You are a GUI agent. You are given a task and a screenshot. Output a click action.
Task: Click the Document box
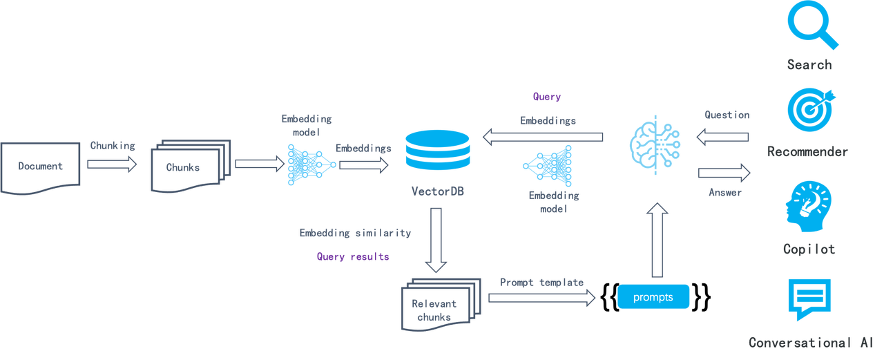pyautogui.click(x=41, y=166)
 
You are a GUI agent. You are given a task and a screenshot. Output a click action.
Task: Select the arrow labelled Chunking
pyautogui.click(x=113, y=164)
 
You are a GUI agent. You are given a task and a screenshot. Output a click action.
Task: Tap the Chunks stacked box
pyautogui.click(x=189, y=167)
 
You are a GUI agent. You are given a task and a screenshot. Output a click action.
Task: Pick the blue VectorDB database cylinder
pyautogui.click(x=437, y=149)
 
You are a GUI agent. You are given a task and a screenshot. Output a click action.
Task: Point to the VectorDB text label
pyautogui.click(x=437, y=191)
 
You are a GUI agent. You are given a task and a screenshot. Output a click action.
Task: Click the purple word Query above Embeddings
pyautogui.click(x=546, y=97)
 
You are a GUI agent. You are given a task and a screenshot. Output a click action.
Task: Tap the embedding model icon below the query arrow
pyautogui.click(x=548, y=166)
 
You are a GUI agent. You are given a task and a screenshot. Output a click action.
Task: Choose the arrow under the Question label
pyautogui.click(x=722, y=138)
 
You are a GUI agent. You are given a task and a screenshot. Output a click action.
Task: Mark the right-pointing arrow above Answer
pyautogui.click(x=724, y=172)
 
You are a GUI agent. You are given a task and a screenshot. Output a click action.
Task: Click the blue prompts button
pyautogui.click(x=653, y=297)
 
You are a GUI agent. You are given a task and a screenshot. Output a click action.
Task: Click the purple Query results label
pyautogui.click(x=353, y=256)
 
